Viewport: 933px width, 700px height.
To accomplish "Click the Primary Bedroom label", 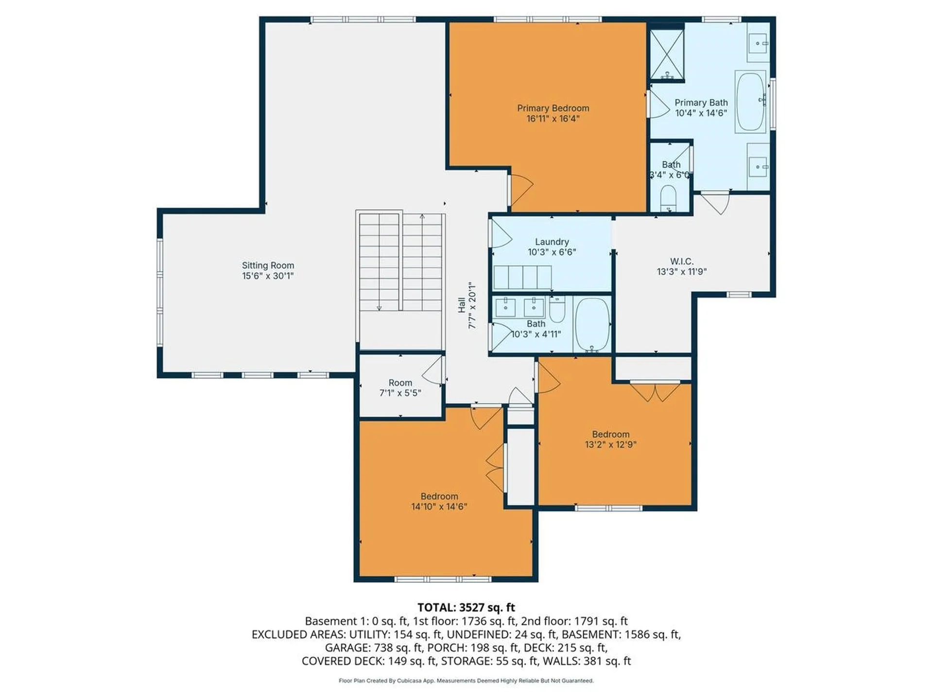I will pos(553,108).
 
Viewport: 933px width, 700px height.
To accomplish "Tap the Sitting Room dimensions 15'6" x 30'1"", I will pos(268,276).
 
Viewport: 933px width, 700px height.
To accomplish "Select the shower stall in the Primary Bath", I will pos(667,54).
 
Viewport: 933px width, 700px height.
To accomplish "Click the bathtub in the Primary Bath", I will pos(750,102).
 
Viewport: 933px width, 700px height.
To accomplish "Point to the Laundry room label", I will pos(552,242).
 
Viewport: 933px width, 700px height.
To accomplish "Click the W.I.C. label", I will pos(681,262).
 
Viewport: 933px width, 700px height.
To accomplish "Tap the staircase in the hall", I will pos(401,262).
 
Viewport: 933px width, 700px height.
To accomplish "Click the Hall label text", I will pos(462,305).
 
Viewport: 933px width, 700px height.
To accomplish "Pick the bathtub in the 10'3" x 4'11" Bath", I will pos(592,325).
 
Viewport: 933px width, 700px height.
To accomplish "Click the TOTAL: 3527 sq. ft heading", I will pos(466,608).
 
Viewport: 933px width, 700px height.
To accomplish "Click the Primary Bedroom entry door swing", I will pos(521,190).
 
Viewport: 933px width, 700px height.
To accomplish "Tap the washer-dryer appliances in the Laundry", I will pos(522,277).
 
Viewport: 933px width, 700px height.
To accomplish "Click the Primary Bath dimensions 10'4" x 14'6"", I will pos(701,113).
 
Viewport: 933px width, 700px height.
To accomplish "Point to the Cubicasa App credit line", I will pos(466,681).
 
